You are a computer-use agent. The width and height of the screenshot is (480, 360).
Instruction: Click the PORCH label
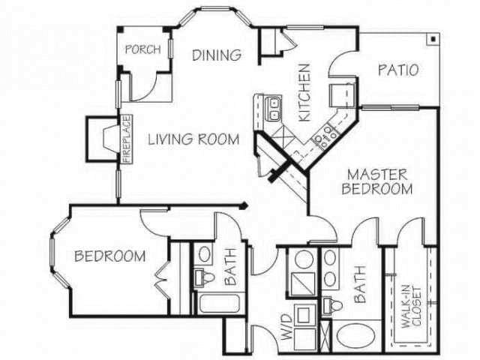142,50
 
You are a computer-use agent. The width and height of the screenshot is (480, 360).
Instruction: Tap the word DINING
216,55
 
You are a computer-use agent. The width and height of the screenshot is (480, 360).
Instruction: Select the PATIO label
397,71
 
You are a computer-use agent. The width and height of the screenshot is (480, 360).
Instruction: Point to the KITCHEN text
305,92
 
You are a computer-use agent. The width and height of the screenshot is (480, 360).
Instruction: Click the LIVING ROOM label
193,139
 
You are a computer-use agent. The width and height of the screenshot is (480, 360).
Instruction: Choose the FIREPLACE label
127,139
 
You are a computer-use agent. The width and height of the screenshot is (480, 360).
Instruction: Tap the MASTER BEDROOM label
376,181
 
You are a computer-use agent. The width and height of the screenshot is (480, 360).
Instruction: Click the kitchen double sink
274,109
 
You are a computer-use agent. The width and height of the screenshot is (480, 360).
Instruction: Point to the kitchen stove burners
327,135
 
